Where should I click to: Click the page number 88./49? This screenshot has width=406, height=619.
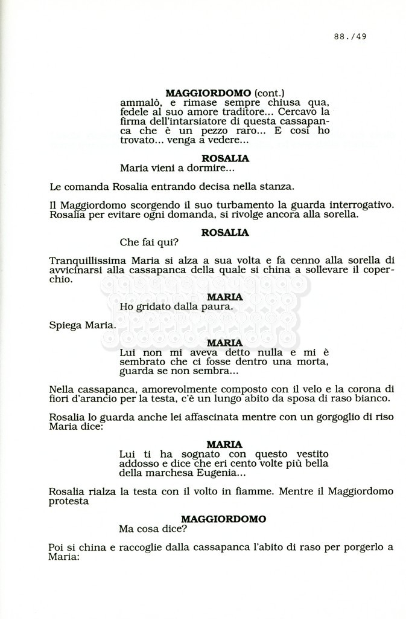tap(350, 36)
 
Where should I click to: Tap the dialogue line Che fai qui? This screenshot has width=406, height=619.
tap(149, 242)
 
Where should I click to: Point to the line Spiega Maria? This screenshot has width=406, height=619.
tap(82, 325)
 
